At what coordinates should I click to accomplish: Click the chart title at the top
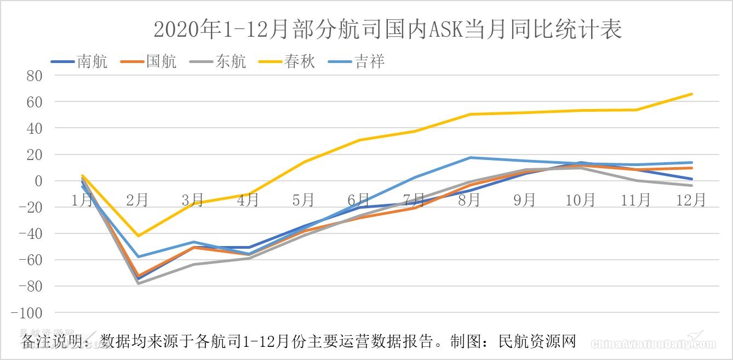tap(387, 30)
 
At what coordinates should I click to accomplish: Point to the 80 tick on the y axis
tap(35, 76)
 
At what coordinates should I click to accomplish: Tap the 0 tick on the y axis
tap(38, 181)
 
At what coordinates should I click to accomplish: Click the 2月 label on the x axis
tap(138, 200)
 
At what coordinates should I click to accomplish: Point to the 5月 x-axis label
tap(303, 200)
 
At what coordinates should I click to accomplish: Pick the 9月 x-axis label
tap(525, 200)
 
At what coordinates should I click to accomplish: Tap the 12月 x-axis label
tap(691, 200)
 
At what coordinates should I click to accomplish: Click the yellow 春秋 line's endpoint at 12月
tap(692, 94)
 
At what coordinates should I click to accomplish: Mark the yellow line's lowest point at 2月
tap(138, 236)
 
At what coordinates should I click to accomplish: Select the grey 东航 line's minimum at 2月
tap(138, 283)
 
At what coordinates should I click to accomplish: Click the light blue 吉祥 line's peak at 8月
tap(470, 158)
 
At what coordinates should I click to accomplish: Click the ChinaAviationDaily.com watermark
tap(653, 344)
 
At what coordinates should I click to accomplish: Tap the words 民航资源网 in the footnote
tap(537, 341)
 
